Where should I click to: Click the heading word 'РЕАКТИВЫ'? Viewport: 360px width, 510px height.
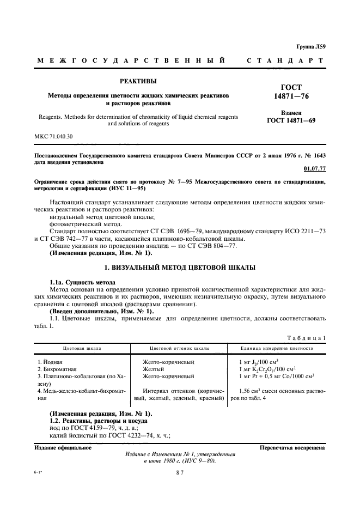click(138, 82)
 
